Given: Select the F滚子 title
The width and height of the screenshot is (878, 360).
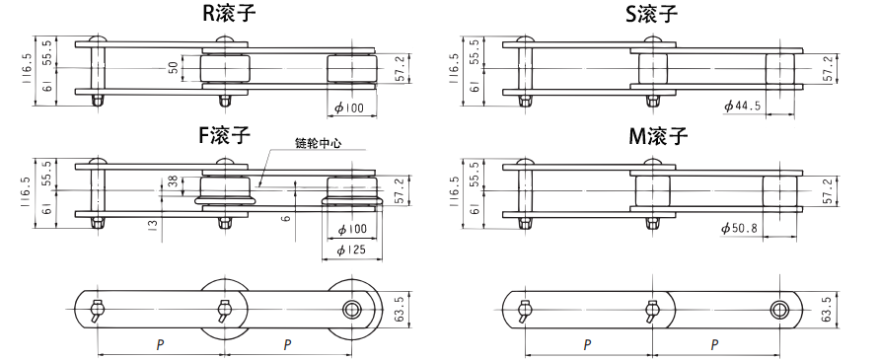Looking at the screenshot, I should point(224,136).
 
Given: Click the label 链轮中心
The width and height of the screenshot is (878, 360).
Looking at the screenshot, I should point(319,143).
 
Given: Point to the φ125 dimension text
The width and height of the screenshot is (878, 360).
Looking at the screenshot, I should point(350,250).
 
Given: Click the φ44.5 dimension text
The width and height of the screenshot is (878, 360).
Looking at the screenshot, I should point(743,107).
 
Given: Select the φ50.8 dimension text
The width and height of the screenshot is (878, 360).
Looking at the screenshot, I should point(741,229).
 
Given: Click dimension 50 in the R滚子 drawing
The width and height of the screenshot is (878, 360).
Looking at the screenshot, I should point(174,68).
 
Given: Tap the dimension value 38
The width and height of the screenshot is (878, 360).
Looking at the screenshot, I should point(174,181).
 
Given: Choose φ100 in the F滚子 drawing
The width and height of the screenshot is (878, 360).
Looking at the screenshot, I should point(350,229).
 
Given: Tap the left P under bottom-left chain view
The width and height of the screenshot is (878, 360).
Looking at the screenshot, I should point(160,344).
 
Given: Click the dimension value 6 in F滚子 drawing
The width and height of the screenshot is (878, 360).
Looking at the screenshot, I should point(286,219).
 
